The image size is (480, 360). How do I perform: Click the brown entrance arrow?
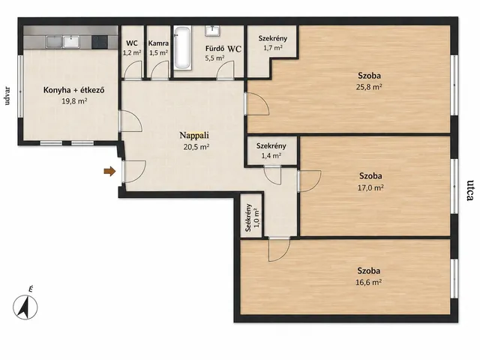(110, 172)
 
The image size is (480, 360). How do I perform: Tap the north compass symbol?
(25, 307)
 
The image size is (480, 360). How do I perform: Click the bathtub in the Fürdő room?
(183, 48)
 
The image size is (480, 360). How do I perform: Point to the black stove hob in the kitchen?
(100, 42)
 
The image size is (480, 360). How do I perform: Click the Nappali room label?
(194, 135)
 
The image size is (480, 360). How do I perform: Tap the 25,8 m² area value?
(369, 87)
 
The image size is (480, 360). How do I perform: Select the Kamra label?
(158, 43)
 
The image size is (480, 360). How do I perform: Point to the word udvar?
(7, 96)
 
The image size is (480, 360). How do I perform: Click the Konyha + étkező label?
(73, 90)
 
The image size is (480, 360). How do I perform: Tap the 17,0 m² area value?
(370, 187)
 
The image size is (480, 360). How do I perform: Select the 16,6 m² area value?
(368, 282)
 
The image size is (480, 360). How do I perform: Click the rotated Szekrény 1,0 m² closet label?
(253, 217)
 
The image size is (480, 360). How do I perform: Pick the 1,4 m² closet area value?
(271, 155)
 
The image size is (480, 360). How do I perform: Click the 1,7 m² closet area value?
(273, 48)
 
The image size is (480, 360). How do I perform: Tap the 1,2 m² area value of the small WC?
(132, 52)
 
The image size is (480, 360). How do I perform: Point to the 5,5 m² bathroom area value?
(215, 58)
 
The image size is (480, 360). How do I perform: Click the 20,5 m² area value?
(196, 147)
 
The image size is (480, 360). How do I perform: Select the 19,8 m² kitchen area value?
(74, 101)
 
